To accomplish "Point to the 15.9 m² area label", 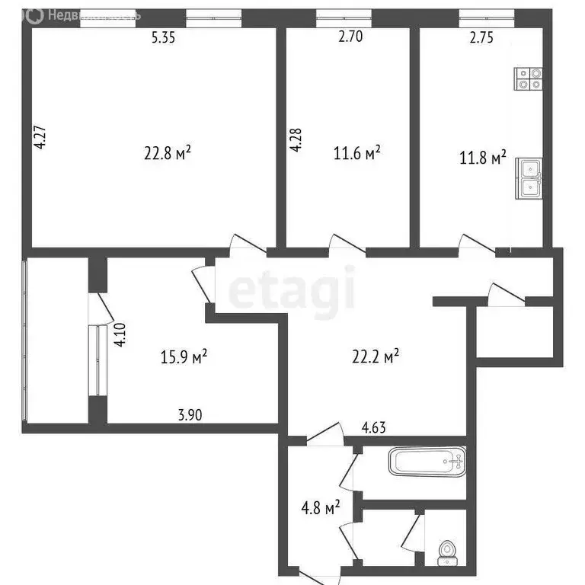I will (x=185, y=357).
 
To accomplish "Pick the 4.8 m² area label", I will (x=321, y=506).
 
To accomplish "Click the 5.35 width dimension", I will (x=164, y=40).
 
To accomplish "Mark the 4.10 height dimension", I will (x=120, y=336).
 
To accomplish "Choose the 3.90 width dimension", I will (x=190, y=415).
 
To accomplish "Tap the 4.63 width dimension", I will (x=373, y=428).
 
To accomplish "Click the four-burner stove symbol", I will (x=529, y=79).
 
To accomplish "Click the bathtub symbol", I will (x=427, y=462).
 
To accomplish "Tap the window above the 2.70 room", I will (x=344, y=14).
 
